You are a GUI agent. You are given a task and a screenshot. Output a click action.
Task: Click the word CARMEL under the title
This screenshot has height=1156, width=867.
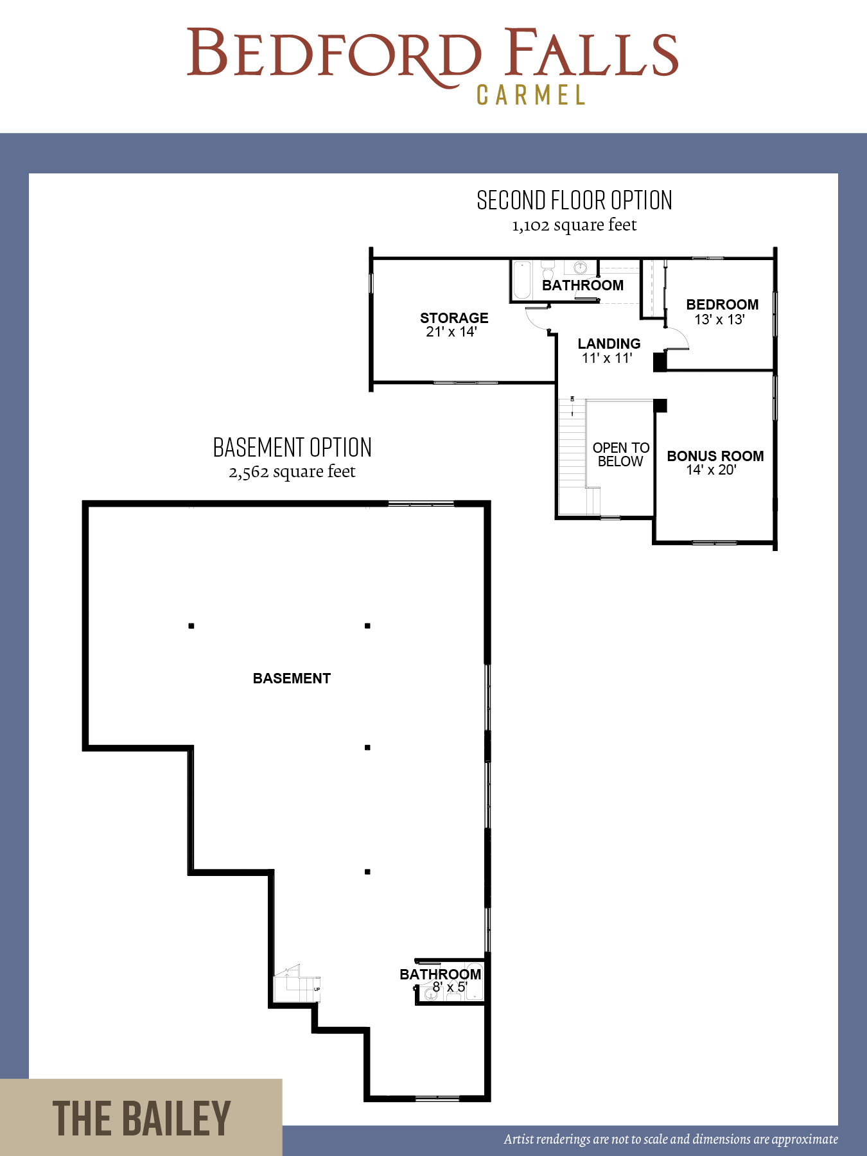tap(530, 95)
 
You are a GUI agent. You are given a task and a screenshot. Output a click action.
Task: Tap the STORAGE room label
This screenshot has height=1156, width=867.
tap(454, 318)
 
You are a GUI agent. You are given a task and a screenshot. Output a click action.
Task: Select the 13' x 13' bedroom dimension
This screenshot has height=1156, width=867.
tap(719, 319)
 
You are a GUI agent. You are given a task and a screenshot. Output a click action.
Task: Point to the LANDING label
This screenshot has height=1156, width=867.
tap(609, 344)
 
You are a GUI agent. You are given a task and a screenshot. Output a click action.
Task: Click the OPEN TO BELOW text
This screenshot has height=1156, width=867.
tap(621, 454)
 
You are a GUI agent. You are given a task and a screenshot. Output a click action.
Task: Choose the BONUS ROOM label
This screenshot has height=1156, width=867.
tap(715, 456)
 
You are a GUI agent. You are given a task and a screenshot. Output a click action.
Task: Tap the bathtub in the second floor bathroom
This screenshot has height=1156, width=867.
tap(522, 279)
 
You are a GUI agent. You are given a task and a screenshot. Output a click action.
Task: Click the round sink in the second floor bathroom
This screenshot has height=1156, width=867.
tap(581, 267)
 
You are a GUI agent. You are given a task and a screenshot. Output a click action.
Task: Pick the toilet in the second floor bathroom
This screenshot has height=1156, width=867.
tap(548, 270)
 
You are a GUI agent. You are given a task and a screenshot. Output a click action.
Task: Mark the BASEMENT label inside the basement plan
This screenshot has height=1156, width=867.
tap(292, 678)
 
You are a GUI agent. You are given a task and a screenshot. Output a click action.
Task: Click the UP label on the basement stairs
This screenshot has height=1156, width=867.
tap(317, 989)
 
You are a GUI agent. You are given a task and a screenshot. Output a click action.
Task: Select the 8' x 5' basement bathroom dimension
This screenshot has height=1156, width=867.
tap(450, 987)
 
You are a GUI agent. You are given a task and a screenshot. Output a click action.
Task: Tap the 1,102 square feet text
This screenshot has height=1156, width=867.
tap(574, 225)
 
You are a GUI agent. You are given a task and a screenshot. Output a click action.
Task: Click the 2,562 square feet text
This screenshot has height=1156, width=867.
tap(292, 472)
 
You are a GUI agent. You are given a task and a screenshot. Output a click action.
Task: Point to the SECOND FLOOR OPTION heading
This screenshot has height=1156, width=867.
tap(574, 200)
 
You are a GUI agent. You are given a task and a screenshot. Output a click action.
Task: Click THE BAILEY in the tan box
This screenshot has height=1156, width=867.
tap(141, 1118)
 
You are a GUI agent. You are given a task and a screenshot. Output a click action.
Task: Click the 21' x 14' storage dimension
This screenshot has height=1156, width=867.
tap(451, 331)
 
